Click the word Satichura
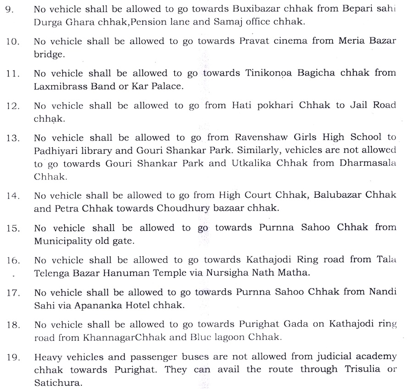54,380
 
